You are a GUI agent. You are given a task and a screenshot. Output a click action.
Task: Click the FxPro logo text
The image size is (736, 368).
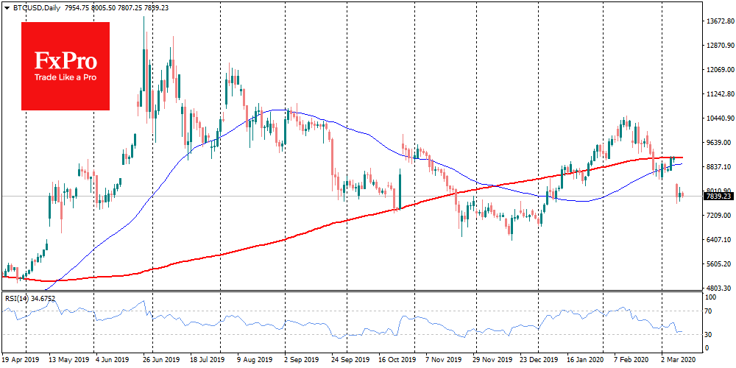pyautogui.click(x=66, y=59)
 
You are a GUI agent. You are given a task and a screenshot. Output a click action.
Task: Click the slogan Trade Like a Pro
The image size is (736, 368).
pyautogui.click(x=66, y=77)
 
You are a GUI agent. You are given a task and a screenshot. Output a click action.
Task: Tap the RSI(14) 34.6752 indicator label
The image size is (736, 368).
pyautogui.click(x=30, y=298)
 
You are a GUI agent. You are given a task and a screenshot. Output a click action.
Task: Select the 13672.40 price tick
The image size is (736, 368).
pyautogui.click(x=719, y=21)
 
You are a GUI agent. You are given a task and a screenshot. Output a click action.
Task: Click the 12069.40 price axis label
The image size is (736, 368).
pyautogui.click(x=719, y=70)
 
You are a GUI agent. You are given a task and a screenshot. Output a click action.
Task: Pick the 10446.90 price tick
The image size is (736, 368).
pyautogui.click(x=719, y=118)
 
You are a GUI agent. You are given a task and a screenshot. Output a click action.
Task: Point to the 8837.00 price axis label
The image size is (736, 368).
pyautogui.click(x=718, y=167)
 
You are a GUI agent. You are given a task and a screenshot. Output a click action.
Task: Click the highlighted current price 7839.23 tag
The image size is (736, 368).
pyautogui.click(x=718, y=197)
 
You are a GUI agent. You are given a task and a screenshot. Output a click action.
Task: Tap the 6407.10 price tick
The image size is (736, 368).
pyautogui.click(x=718, y=240)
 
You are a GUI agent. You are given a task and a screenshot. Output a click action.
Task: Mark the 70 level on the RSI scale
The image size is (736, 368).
pyautogui.click(x=710, y=312)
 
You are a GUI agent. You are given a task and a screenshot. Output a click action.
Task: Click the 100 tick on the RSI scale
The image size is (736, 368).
pyautogui.click(x=711, y=297)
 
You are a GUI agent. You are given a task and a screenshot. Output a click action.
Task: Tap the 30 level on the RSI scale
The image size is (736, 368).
pyautogui.click(x=710, y=336)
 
